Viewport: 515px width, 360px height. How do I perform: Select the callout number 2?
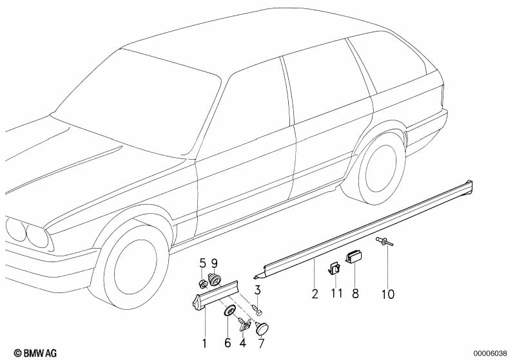(315, 295)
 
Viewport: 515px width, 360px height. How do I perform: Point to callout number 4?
(243, 342)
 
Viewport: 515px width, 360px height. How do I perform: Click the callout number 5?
(202, 263)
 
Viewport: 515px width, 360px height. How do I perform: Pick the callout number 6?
(228, 342)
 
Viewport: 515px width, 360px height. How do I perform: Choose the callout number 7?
(262, 342)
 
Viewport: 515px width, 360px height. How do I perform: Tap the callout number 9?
(215, 263)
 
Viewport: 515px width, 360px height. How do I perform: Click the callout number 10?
(386, 295)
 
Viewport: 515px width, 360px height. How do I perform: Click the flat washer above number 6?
(228, 312)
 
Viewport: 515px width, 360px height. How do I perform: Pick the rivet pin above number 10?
(385, 243)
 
